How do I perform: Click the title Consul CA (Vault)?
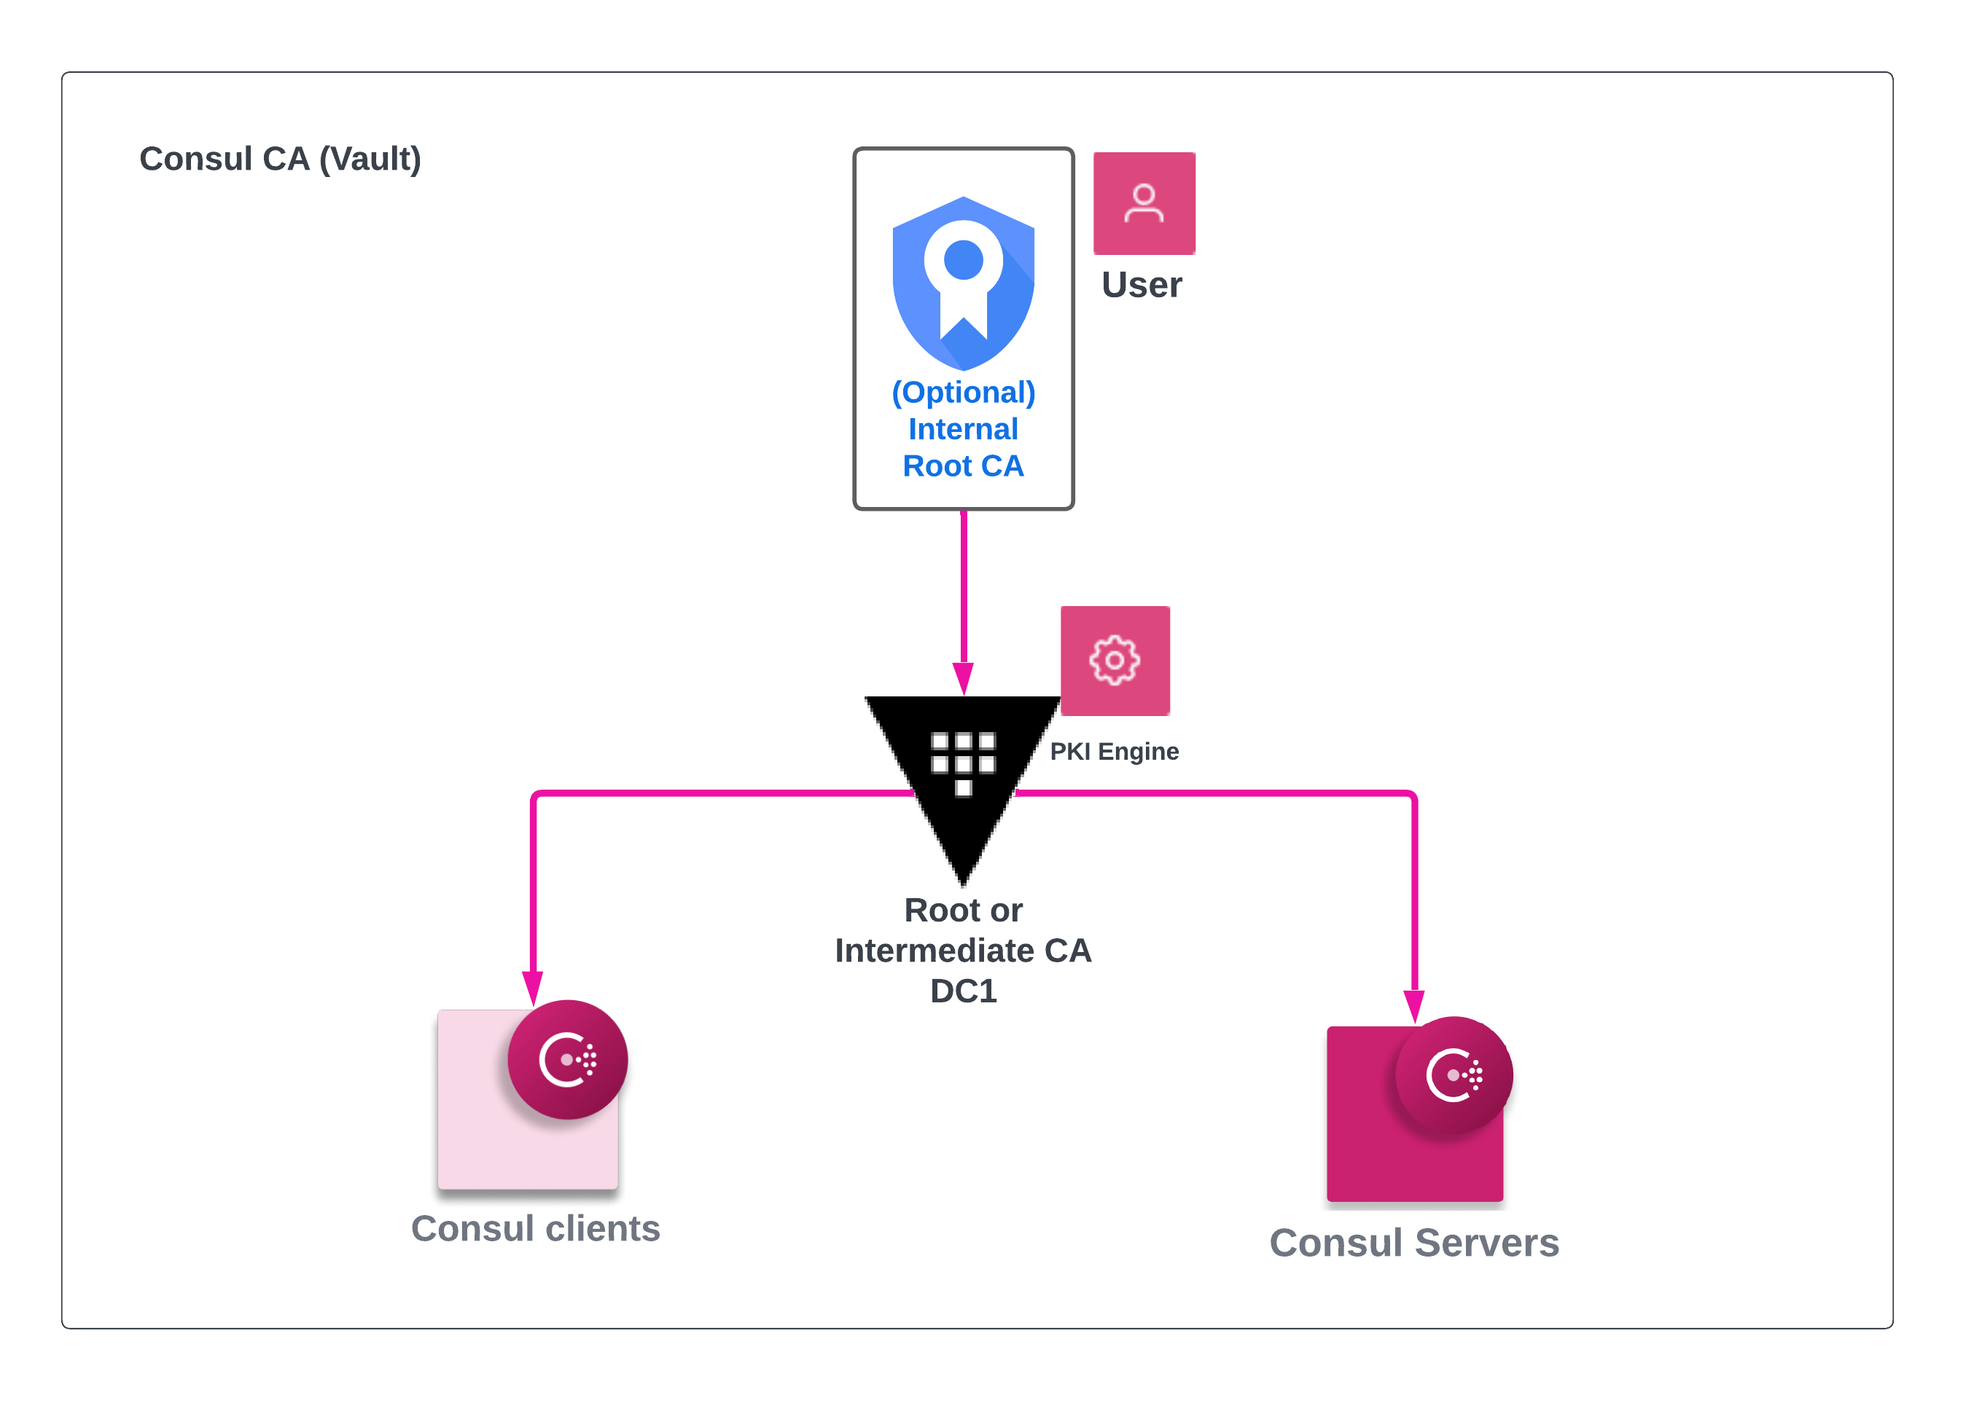pos(280,159)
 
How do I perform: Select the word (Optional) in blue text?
pos(963,393)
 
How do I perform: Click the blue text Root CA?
pos(963,466)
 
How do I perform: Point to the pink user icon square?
pos(1144,203)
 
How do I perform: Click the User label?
pos(1142,285)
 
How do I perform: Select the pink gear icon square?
pos(1115,660)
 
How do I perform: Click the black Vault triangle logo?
pos(963,765)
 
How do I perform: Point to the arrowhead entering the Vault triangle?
pos(963,677)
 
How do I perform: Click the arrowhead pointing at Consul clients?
pos(533,988)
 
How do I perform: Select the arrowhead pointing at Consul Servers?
pos(1414,1005)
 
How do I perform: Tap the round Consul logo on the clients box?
pos(568,1059)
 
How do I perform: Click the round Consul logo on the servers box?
pos(1454,1076)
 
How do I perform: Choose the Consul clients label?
pos(536,1229)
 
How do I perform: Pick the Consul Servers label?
pos(1414,1243)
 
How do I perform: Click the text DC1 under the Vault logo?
pos(963,991)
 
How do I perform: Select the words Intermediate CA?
pos(963,951)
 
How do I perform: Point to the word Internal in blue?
pos(963,429)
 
